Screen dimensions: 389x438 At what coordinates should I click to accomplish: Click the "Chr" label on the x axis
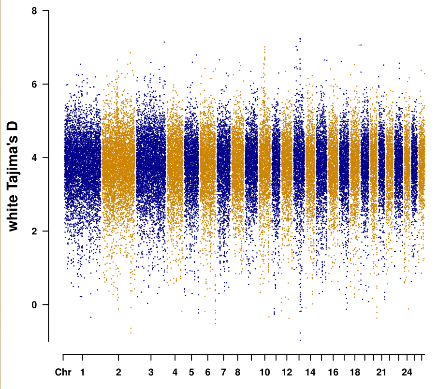63,373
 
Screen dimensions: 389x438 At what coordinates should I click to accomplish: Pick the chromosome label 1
83,373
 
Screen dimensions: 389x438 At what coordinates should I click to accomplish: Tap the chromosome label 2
118,373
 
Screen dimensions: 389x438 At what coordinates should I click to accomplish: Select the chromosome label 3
151,373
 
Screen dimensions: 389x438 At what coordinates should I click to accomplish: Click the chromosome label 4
175,373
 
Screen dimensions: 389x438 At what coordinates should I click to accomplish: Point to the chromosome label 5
191,373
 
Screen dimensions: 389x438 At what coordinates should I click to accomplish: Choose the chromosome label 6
207,373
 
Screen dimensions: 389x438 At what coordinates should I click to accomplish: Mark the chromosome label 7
223,373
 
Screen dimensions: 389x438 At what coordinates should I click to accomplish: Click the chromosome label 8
238,373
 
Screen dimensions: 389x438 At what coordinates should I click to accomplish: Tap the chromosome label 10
264,373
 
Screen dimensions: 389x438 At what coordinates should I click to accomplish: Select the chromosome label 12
287,373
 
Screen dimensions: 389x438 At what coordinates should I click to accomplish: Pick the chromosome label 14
310,373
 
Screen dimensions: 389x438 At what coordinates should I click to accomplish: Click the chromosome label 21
381,373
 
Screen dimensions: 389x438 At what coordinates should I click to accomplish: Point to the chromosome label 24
407,373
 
